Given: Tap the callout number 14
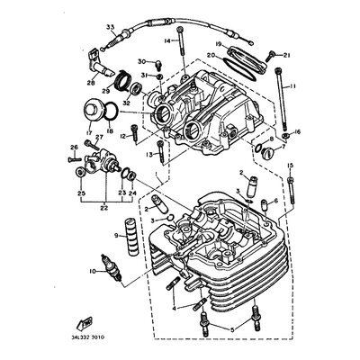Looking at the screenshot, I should coord(167,40).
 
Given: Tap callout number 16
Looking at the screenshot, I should coord(298,131).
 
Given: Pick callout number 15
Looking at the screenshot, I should coord(291,166).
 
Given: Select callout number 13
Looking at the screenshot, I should coord(161,155).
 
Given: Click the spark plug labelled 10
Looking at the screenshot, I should coord(112,268).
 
